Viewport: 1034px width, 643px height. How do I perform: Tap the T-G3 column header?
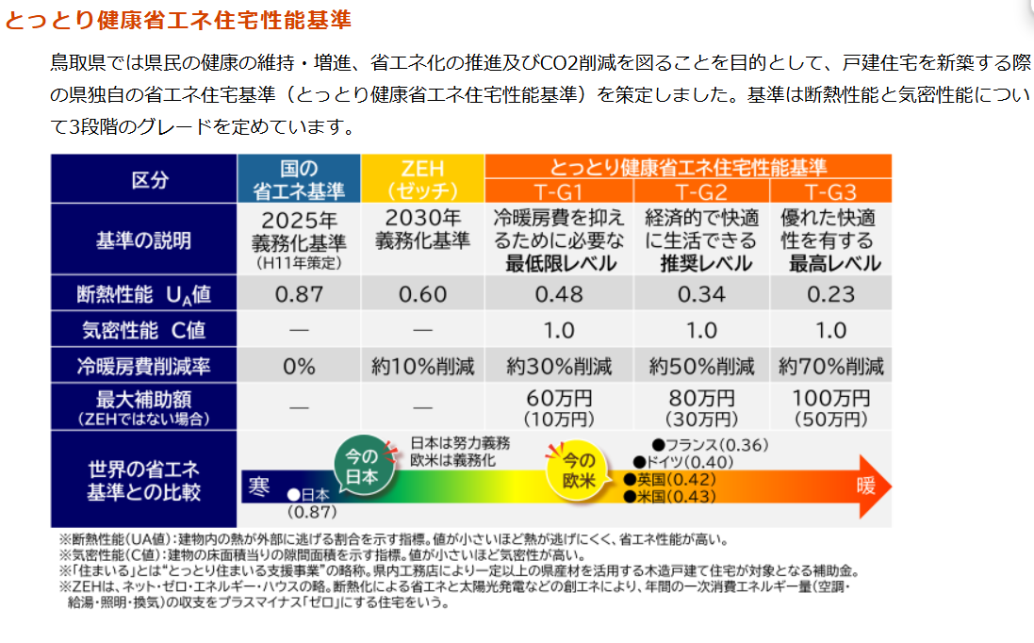pos(830,192)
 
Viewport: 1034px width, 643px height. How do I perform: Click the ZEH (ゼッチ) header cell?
pos(422,179)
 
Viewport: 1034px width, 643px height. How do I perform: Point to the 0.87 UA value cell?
pos(299,294)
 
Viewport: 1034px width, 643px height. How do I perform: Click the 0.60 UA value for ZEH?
pos(422,294)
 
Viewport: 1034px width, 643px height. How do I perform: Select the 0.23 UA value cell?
pos(830,294)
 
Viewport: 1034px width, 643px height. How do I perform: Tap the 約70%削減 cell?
pos(830,366)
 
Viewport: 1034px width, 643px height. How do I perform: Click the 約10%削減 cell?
pos(422,366)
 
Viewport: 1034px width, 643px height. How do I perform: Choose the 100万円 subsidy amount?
pos(830,398)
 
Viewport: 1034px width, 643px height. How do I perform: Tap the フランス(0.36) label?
pos(712,444)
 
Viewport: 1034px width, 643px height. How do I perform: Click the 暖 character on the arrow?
pos(865,486)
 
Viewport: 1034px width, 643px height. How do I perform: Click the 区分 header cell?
pos(143,179)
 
